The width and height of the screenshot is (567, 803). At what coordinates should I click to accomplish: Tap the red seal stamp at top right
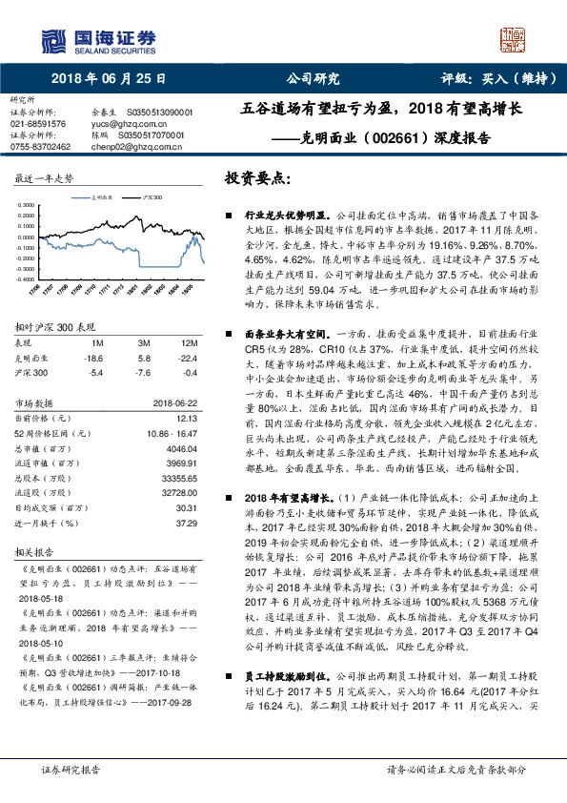coord(512,41)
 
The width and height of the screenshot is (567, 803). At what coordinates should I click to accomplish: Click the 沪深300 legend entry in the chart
coord(150,195)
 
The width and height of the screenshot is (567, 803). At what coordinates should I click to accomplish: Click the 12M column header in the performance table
coord(190,342)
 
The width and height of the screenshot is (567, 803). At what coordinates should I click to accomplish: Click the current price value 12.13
coord(187,418)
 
